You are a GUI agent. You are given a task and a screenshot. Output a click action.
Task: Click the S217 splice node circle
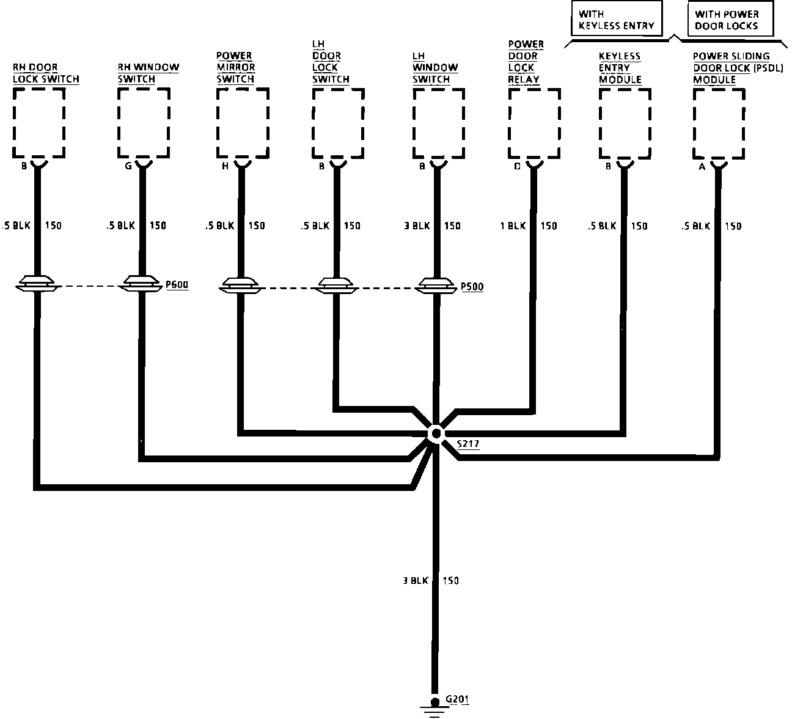(x=436, y=433)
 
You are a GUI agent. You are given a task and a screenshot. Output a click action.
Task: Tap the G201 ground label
(x=458, y=699)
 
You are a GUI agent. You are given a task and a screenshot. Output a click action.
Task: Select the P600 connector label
(x=177, y=284)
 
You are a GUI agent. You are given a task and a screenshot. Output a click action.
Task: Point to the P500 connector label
(x=472, y=286)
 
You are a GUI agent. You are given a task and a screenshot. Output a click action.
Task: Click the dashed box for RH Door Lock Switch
(x=38, y=122)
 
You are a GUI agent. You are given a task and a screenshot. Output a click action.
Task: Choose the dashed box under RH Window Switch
(x=144, y=122)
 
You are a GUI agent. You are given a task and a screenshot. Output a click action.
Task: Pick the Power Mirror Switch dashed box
(x=243, y=122)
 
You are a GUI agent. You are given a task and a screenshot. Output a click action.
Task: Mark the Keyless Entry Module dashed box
(x=625, y=124)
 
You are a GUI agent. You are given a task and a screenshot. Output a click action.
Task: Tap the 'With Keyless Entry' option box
(x=616, y=20)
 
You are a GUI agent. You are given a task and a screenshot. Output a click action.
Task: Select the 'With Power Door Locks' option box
(x=727, y=20)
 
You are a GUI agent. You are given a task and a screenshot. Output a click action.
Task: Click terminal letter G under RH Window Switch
(x=128, y=166)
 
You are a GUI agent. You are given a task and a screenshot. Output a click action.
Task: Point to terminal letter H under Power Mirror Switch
(x=226, y=166)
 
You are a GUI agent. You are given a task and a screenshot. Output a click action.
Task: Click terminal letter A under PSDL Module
(x=702, y=167)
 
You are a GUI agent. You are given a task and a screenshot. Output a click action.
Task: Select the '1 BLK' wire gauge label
(x=513, y=226)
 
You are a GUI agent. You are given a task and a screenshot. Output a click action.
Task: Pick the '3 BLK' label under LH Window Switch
(x=417, y=226)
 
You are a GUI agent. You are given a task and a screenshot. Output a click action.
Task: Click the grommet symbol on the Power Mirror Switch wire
(x=240, y=284)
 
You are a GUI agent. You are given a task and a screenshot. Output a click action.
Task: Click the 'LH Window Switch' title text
(x=435, y=67)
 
